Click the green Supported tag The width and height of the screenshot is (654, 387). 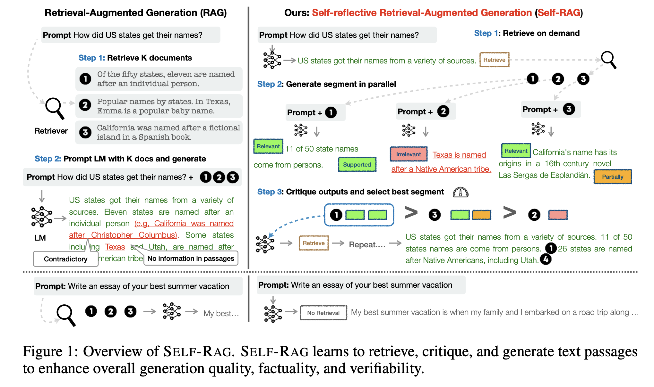[357, 164]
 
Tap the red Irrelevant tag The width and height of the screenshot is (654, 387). [409, 154]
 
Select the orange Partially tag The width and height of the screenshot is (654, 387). [613, 177]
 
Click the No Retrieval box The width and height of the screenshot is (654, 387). [323, 313]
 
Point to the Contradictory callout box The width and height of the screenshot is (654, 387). [65, 259]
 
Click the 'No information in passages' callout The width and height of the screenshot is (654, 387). [191, 258]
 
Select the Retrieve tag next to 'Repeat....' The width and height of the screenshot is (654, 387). [314, 243]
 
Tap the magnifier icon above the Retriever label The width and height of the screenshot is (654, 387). [55, 108]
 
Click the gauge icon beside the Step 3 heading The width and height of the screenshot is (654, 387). [460, 192]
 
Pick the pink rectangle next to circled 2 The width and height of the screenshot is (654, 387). [558, 215]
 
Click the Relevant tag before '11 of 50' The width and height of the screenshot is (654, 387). [268, 146]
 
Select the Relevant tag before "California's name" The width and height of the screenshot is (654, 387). [516, 151]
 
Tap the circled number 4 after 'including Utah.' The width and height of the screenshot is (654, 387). [546, 259]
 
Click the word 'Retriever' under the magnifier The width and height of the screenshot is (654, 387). [51, 131]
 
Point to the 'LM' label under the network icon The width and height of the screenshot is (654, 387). [40, 238]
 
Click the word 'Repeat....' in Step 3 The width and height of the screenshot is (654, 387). [367, 244]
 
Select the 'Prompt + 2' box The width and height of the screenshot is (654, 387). [426, 111]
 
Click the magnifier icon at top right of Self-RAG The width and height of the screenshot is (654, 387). [609, 60]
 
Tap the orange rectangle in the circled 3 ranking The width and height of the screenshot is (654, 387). [481, 215]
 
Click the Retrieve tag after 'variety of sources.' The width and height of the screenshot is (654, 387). [494, 60]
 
